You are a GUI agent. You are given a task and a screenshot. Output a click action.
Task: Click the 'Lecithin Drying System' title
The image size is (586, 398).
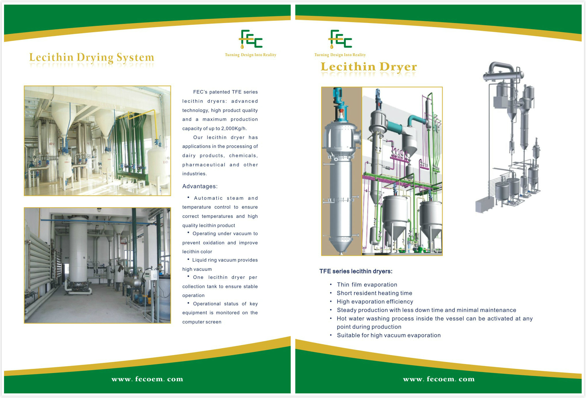tap(92, 57)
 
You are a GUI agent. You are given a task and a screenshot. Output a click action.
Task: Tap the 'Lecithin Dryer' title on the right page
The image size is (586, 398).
tap(369, 67)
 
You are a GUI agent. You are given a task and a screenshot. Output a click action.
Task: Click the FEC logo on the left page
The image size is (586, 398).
tap(250, 39)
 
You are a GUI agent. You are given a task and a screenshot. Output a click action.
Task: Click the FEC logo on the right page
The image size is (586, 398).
tap(340, 39)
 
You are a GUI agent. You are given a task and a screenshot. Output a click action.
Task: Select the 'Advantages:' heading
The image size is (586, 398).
tap(200, 186)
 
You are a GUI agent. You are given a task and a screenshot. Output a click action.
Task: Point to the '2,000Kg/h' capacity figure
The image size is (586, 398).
tap(234, 128)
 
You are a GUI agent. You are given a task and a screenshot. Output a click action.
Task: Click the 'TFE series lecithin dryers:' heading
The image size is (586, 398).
tap(356, 271)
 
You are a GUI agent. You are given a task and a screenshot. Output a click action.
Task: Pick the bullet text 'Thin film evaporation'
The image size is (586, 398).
tap(367, 285)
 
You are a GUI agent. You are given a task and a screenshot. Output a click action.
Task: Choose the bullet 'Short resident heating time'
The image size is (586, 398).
tap(375, 293)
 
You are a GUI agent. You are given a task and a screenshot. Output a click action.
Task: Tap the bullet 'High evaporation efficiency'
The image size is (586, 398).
tap(375, 302)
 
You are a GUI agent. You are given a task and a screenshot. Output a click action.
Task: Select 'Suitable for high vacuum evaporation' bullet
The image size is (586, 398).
tap(389, 335)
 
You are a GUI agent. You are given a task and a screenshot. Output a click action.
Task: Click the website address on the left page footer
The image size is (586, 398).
tap(147, 379)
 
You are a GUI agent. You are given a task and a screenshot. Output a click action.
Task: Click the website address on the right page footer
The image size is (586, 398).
tap(439, 379)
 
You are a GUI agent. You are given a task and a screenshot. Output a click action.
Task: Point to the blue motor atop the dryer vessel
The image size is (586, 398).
tap(337, 96)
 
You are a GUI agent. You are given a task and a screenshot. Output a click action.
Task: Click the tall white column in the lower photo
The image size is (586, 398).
tap(78, 253)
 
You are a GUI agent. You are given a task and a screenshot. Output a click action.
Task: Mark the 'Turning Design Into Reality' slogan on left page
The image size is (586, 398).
tap(250, 55)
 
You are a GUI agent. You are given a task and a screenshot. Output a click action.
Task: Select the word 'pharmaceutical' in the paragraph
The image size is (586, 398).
tap(204, 165)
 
